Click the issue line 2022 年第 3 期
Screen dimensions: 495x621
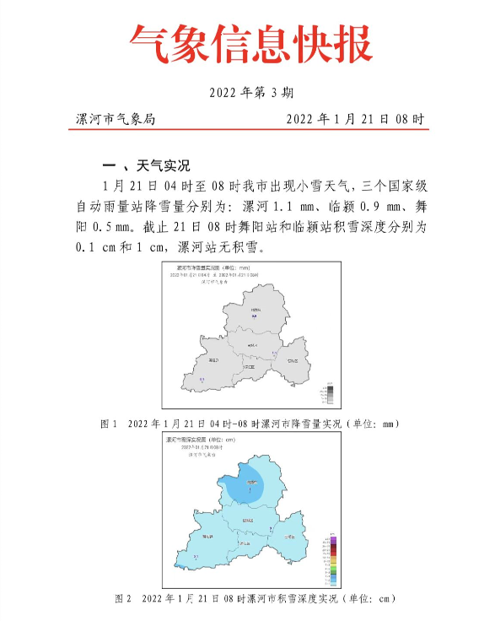(250, 93)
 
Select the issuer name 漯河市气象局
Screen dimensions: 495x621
(116, 120)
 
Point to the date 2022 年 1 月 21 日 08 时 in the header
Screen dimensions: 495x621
(354, 120)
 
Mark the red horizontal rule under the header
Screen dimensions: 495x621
(250, 129)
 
